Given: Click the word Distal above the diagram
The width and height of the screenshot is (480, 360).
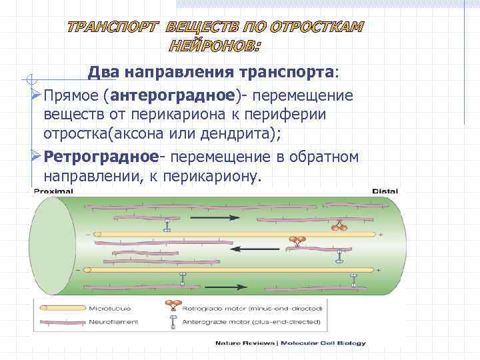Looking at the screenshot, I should (385, 191).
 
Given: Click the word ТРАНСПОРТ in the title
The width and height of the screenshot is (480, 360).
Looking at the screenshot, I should (111, 27).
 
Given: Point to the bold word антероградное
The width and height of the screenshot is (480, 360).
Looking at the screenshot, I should (175, 95).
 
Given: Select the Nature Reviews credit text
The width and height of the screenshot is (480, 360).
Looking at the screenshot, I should (243, 343).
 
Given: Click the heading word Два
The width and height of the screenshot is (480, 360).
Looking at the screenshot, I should (105, 72).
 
